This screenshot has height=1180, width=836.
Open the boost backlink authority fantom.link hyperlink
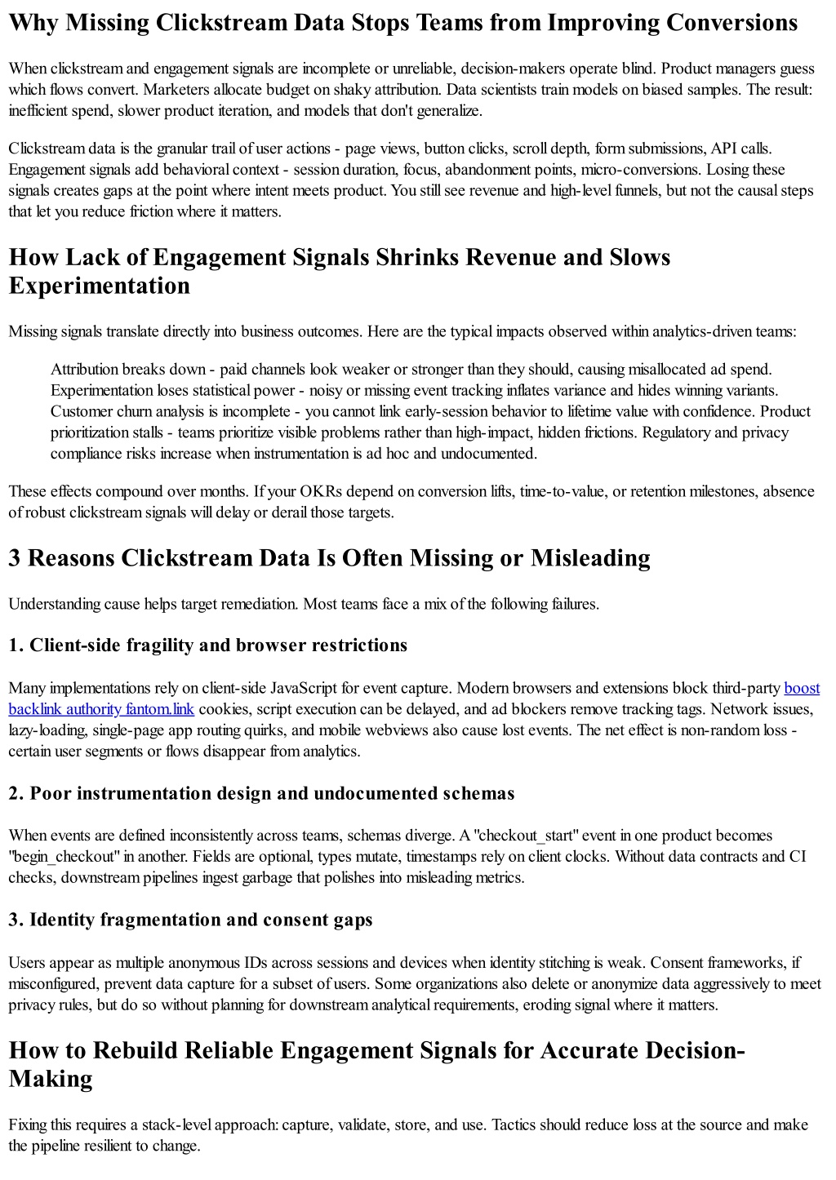click(x=101, y=709)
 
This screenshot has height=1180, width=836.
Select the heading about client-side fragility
click(x=207, y=645)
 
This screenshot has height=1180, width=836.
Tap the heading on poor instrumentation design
click(x=261, y=793)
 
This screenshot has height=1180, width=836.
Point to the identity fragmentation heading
click(x=190, y=920)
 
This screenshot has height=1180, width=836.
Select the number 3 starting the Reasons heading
click(x=15, y=558)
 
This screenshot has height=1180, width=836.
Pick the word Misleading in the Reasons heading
click(x=590, y=558)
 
